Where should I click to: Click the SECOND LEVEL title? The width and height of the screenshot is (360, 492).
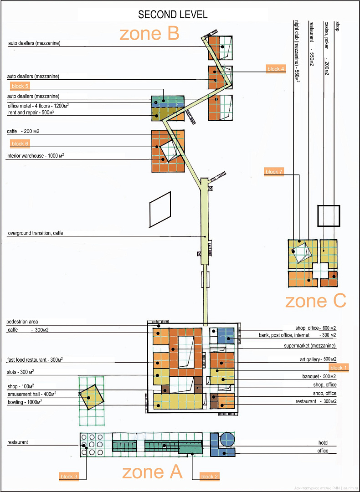(173, 15)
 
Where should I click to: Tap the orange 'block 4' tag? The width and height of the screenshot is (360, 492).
(275, 69)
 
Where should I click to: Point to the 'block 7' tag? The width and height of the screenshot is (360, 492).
(274, 172)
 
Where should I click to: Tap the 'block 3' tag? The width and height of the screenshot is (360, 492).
(69, 477)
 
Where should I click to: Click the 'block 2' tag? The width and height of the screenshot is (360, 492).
(209, 477)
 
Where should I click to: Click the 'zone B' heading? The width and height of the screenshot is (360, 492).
(149, 34)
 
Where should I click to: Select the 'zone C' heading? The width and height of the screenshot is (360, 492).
(315, 301)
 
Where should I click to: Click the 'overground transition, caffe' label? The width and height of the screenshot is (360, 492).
(37, 233)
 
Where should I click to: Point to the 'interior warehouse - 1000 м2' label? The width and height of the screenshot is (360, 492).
(36, 156)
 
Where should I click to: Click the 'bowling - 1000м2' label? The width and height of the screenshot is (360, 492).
(25, 402)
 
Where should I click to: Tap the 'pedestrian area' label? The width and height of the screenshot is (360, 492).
(26, 322)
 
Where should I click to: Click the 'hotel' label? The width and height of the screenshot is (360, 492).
(323, 443)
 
